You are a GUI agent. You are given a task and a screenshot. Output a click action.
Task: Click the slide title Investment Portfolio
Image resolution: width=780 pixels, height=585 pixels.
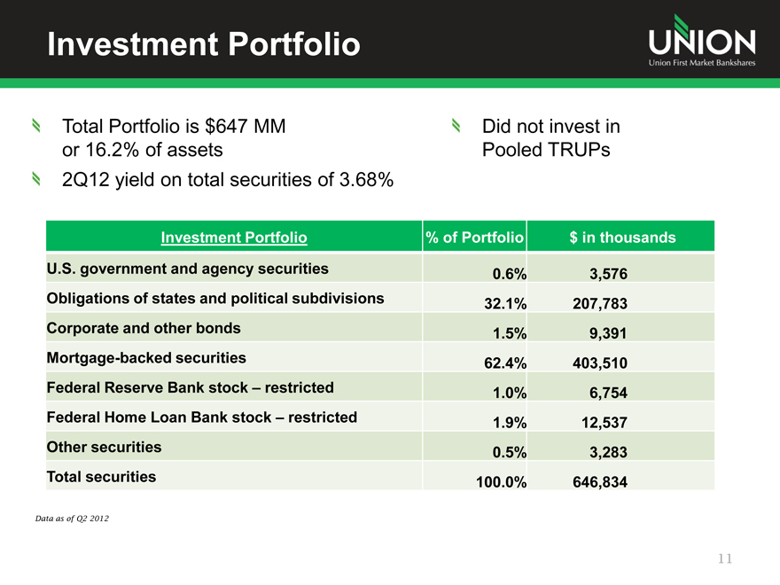203,43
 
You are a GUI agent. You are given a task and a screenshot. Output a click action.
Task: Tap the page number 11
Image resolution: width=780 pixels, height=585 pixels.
726,558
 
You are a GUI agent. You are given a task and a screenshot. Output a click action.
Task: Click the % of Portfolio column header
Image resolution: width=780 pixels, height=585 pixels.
475,238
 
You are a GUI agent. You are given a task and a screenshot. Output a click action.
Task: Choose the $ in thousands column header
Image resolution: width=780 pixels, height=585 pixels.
622,238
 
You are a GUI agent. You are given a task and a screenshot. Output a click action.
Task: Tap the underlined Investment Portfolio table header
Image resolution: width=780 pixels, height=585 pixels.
234,238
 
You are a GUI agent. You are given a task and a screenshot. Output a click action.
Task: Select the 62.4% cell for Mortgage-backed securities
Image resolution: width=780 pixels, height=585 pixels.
505,363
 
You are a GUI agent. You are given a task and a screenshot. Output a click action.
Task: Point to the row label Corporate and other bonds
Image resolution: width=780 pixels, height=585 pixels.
143,328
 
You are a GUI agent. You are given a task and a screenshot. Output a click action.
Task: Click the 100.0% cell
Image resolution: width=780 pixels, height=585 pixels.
500,483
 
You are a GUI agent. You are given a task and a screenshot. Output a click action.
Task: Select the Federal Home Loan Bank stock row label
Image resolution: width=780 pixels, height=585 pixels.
201,417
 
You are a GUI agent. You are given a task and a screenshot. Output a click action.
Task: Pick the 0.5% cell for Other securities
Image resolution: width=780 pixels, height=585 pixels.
509,453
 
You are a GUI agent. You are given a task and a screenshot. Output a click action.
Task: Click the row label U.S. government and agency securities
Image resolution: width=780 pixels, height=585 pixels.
187,269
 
